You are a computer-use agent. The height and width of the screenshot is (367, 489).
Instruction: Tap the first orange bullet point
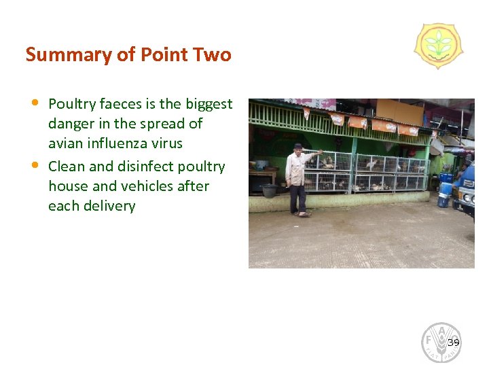35,103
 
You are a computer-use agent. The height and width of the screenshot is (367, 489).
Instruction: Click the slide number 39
454,343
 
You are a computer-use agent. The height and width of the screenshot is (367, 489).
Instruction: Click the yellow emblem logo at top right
439,46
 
